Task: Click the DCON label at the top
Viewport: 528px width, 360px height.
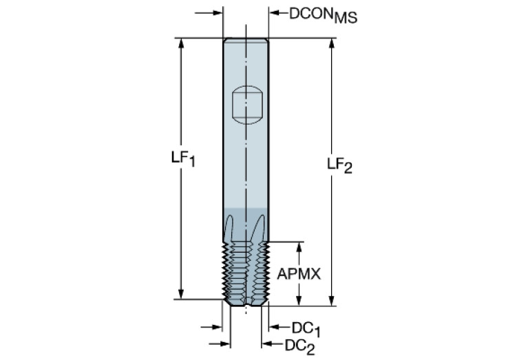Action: coord(310,13)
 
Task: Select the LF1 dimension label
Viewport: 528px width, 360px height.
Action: coord(183,158)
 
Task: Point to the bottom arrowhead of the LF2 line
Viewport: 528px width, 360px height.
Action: coord(332,299)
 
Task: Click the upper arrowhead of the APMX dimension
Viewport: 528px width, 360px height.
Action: coord(298,246)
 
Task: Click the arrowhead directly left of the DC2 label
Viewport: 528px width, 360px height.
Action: coord(266,343)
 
